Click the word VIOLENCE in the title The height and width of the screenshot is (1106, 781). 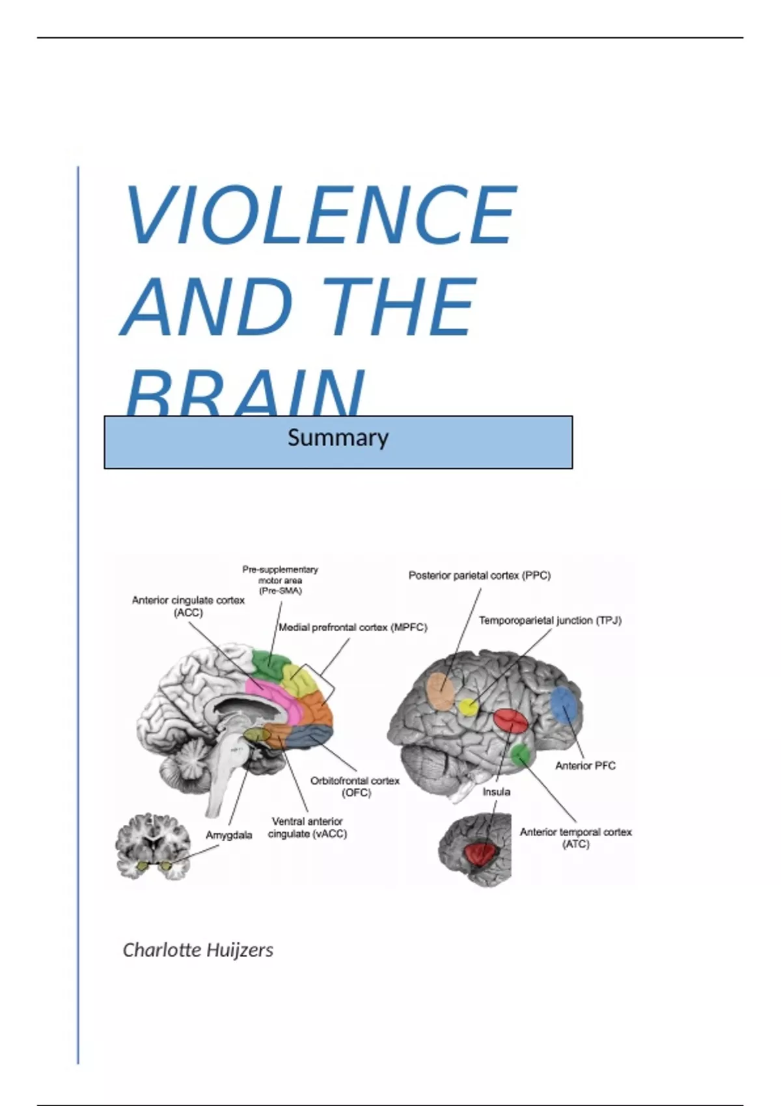(x=320, y=215)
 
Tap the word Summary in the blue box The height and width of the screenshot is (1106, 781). (x=338, y=438)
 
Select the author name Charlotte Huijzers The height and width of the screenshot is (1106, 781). (x=198, y=950)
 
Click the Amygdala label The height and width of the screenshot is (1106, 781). (x=228, y=835)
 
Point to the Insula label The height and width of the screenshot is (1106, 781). (x=496, y=792)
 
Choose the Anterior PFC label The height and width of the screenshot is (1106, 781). (x=585, y=766)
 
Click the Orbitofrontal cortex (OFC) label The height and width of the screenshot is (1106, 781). (x=355, y=787)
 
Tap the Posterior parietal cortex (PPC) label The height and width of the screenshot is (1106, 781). (x=479, y=576)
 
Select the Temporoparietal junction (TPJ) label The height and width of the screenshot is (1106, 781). (x=550, y=621)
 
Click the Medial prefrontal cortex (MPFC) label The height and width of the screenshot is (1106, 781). (x=353, y=628)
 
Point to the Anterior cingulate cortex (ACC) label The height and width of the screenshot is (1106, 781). (x=188, y=606)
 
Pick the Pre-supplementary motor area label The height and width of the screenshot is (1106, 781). (x=280, y=580)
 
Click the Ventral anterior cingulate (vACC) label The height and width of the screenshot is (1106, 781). (x=307, y=828)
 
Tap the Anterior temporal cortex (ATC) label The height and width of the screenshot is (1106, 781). (x=575, y=838)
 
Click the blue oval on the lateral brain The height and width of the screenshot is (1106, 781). (x=564, y=706)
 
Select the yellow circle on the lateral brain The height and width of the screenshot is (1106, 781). (x=467, y=707)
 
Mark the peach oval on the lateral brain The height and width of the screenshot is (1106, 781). (x=440, y=690)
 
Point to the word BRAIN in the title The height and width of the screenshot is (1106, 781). (x=244, y=394)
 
